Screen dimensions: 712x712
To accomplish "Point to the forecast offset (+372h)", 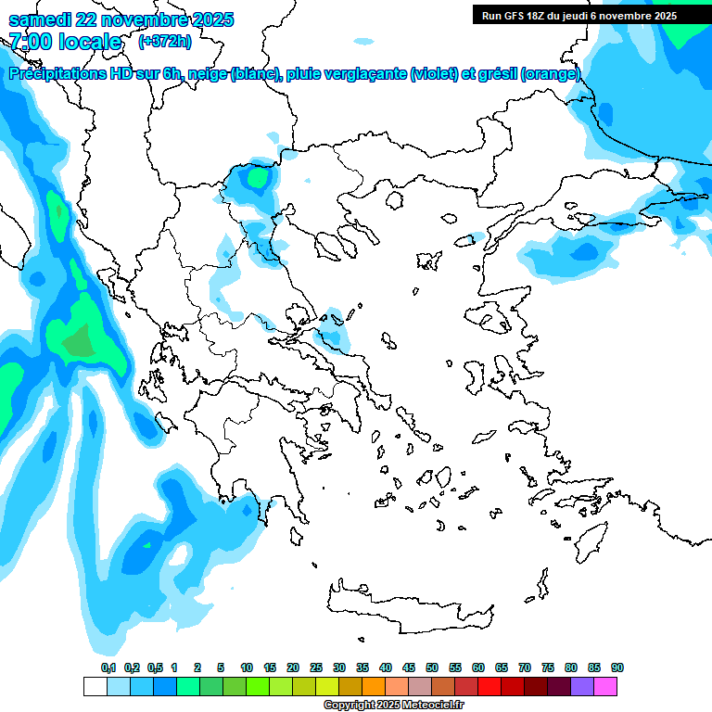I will point(164,41).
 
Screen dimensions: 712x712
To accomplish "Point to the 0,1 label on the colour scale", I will point(108,667).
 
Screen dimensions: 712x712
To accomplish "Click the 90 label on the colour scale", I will point(617,667).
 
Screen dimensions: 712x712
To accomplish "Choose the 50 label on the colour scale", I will point(432,667).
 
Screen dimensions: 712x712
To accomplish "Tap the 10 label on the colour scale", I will point(247,667).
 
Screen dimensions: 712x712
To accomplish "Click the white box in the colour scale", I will point(95,686).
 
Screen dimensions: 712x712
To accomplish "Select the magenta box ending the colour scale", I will point(605,686).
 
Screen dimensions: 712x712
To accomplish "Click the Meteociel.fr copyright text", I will point(393,705).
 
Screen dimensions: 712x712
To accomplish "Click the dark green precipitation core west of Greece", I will point(79,343).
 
